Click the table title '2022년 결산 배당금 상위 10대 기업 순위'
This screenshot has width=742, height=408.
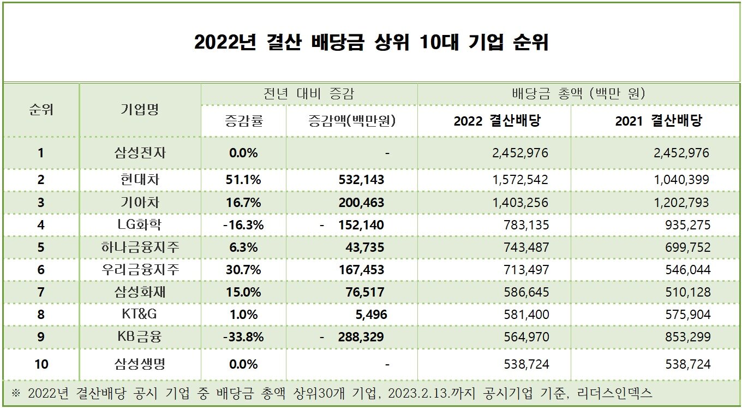point(372,43)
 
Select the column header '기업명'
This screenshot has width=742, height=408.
point(140,109)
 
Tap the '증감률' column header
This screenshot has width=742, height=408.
point(244,121)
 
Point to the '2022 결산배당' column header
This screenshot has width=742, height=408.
point(497,121)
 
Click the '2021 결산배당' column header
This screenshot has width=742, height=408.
point(659,121)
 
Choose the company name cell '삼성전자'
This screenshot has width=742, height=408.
point(140,153)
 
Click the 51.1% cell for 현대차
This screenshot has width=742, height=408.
point(243,180)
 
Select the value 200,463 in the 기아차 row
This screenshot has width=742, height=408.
point(361,203)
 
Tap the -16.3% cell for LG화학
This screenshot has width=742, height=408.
point(243,225)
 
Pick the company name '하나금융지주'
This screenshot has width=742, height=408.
point(140,247)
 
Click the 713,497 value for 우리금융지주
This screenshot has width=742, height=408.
point(526,270)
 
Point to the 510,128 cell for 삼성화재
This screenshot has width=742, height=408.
point(688,292)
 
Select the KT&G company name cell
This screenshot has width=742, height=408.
point(140,314)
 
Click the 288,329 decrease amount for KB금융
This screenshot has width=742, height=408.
point(361,337)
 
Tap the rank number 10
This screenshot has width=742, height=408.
point(41,364)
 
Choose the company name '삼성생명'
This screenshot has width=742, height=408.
point(140,364)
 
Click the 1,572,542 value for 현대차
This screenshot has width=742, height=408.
point(520,180)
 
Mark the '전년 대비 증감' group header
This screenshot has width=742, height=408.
point(309,94)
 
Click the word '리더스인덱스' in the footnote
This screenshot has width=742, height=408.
point(614,393)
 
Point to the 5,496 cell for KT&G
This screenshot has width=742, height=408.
point(372,315)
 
